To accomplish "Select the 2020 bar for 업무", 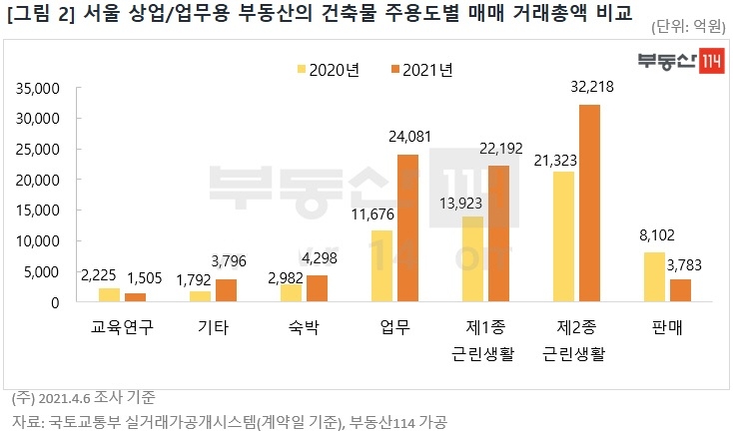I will click(381, 266).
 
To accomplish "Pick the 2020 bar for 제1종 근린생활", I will click(472, 259).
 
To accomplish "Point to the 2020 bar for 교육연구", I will click(109, 295).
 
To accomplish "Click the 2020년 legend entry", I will click(329, 70).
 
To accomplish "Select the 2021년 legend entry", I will click(422, 70).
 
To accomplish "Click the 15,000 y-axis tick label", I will click(40, 211).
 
